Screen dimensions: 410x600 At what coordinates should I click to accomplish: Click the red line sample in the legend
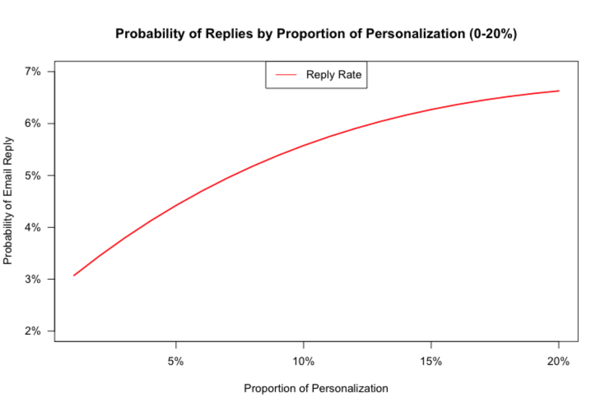[286, 74]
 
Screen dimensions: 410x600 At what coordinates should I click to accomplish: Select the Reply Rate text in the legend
[334, 74]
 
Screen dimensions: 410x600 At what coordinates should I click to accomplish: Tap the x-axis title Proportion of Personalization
[316, 389]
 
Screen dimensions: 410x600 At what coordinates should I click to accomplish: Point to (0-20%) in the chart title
[493, 34]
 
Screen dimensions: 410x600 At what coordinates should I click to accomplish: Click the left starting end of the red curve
[74, 275]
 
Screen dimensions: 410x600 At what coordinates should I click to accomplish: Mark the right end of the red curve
[559, 90]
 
